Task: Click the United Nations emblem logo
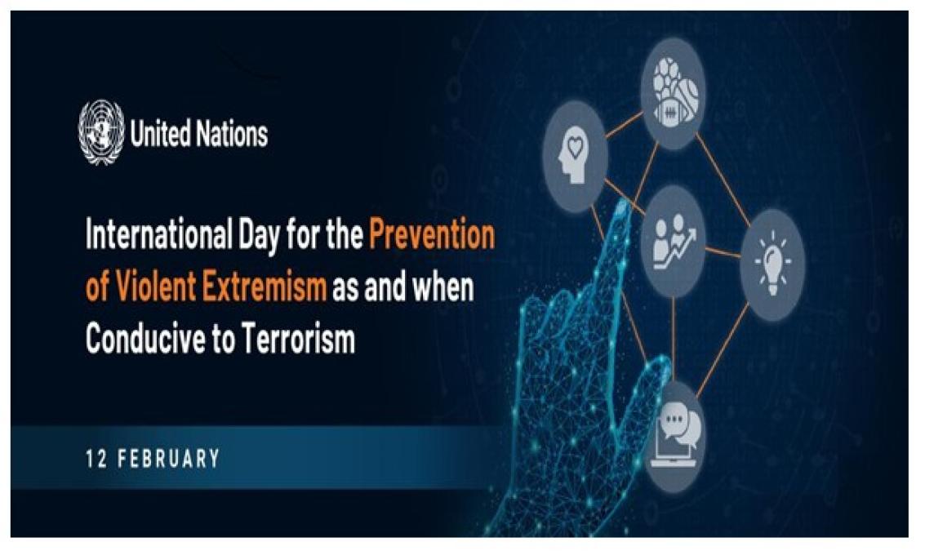101,132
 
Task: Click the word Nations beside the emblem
233,133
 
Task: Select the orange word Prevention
432,234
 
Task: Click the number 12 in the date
96,459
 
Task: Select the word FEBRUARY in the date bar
169,459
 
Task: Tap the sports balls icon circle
673,93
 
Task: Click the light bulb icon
772,264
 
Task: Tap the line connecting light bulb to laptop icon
722,350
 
